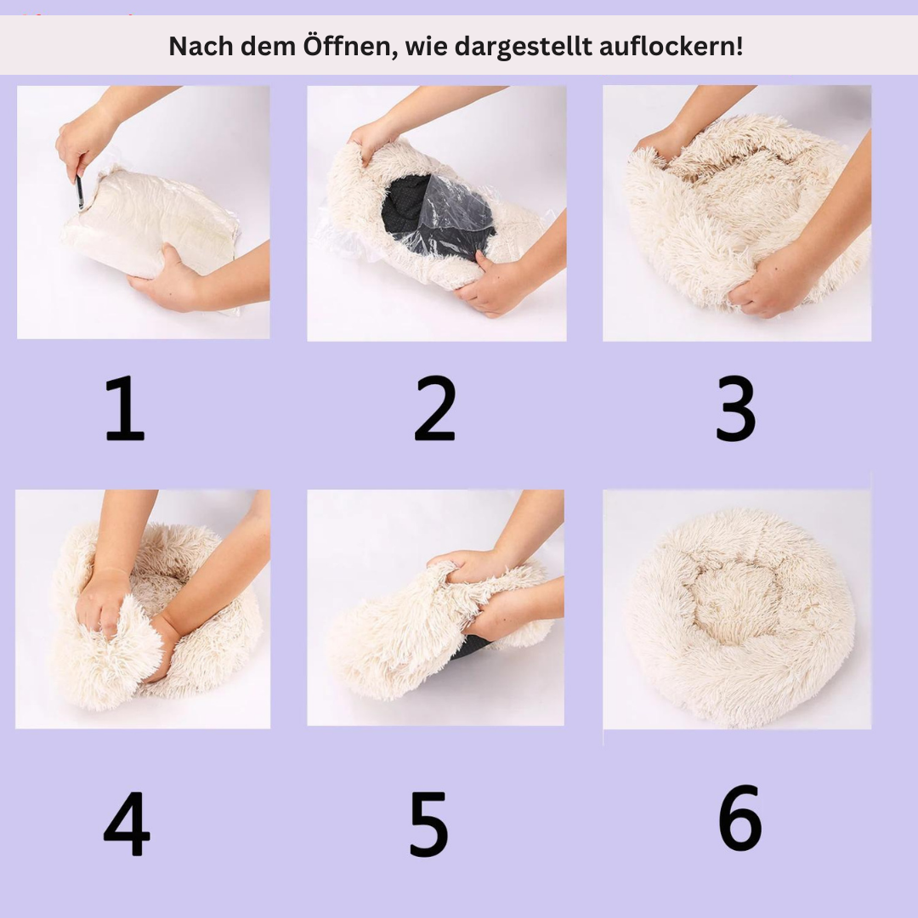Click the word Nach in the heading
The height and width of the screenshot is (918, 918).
[x=201, y=46]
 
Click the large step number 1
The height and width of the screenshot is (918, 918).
[x=125, y=408]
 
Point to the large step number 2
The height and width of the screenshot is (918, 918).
[x=434, y=408]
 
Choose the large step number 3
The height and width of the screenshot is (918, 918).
[x=736, y=408]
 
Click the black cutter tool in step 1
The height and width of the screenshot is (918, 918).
[x=80, y=190]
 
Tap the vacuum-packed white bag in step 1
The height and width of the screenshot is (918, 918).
[x=150, y=223]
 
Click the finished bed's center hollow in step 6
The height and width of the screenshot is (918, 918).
[x=734, y=603]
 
